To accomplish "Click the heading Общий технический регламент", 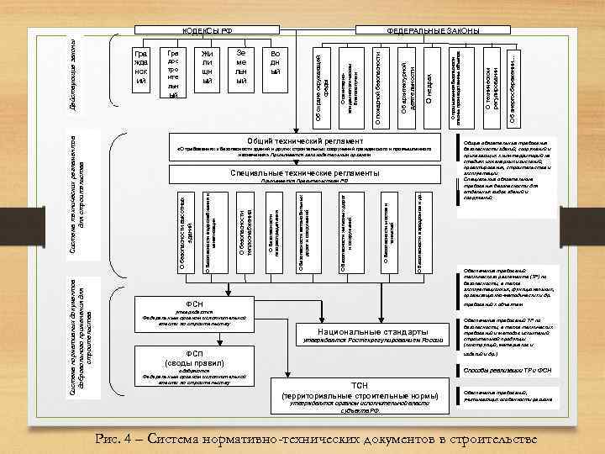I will click(304, 140).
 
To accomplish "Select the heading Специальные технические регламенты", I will click(304, 172).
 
